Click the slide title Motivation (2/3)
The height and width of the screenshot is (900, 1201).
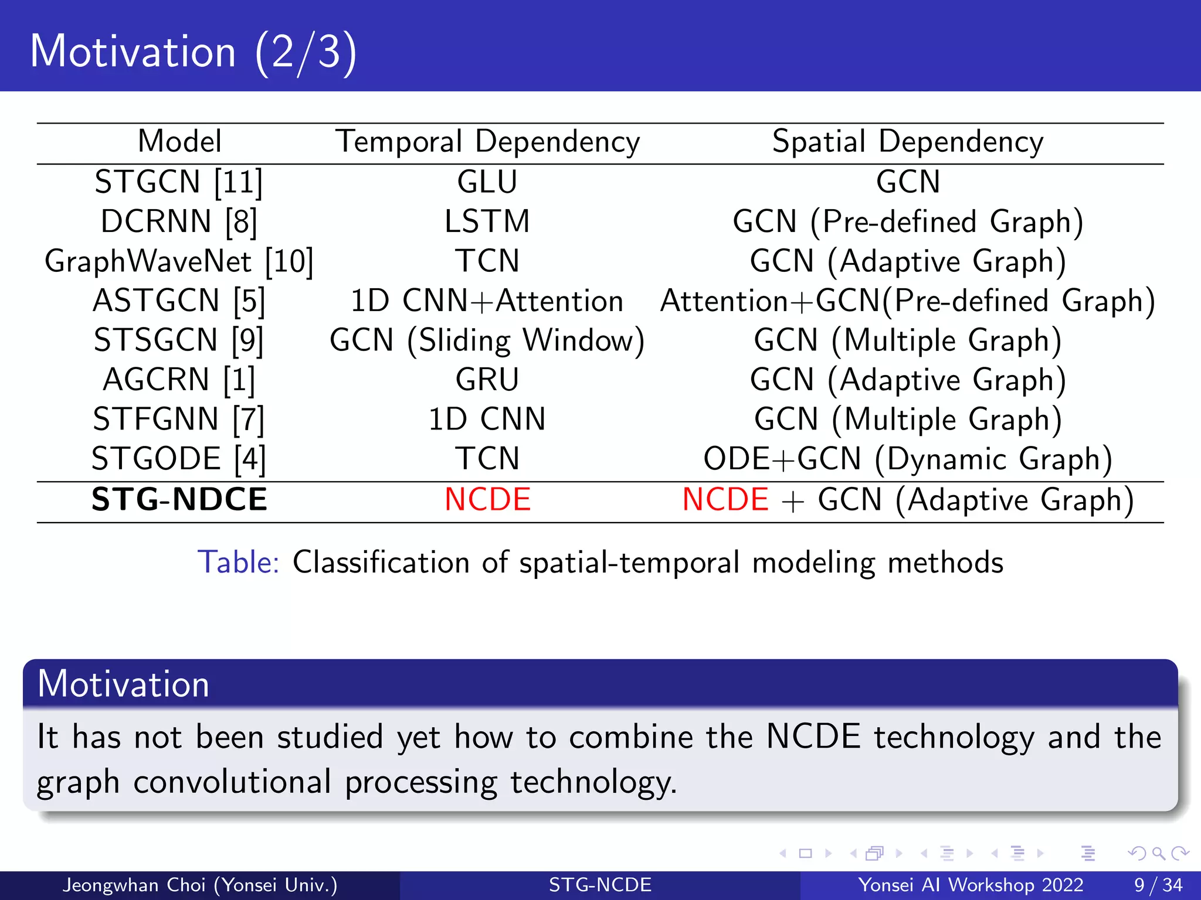point(194,52)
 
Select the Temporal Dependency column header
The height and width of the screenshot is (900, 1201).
point(487,142)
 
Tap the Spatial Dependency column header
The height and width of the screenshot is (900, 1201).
point(907,142)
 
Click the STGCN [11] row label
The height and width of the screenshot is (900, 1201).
point(179,182)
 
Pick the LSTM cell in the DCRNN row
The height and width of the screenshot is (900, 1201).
point(487,222)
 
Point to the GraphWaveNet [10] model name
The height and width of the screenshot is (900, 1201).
point(179,261)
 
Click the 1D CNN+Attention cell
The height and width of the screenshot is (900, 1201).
point(487,301)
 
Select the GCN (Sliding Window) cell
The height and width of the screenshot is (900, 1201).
point(487,340)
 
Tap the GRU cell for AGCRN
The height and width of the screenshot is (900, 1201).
point(487,380)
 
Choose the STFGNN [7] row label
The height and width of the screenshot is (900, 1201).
point(179,420)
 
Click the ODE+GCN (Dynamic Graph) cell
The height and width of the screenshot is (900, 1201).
point(907,459)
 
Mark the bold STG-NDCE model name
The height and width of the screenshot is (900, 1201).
point(179,500)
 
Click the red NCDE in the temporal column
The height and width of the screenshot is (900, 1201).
point(487,500)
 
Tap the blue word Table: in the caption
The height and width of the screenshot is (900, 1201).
point(238,562)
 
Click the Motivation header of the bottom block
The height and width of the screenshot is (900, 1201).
point(123,684)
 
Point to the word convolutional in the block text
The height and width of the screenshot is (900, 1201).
point(232,782)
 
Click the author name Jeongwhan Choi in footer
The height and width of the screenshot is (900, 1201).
point(134,885)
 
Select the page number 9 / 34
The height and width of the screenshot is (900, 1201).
point(1158,885)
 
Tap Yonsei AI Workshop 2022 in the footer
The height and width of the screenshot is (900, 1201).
point(971,885)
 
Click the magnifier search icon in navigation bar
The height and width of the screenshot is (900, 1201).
point(1158,853)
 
